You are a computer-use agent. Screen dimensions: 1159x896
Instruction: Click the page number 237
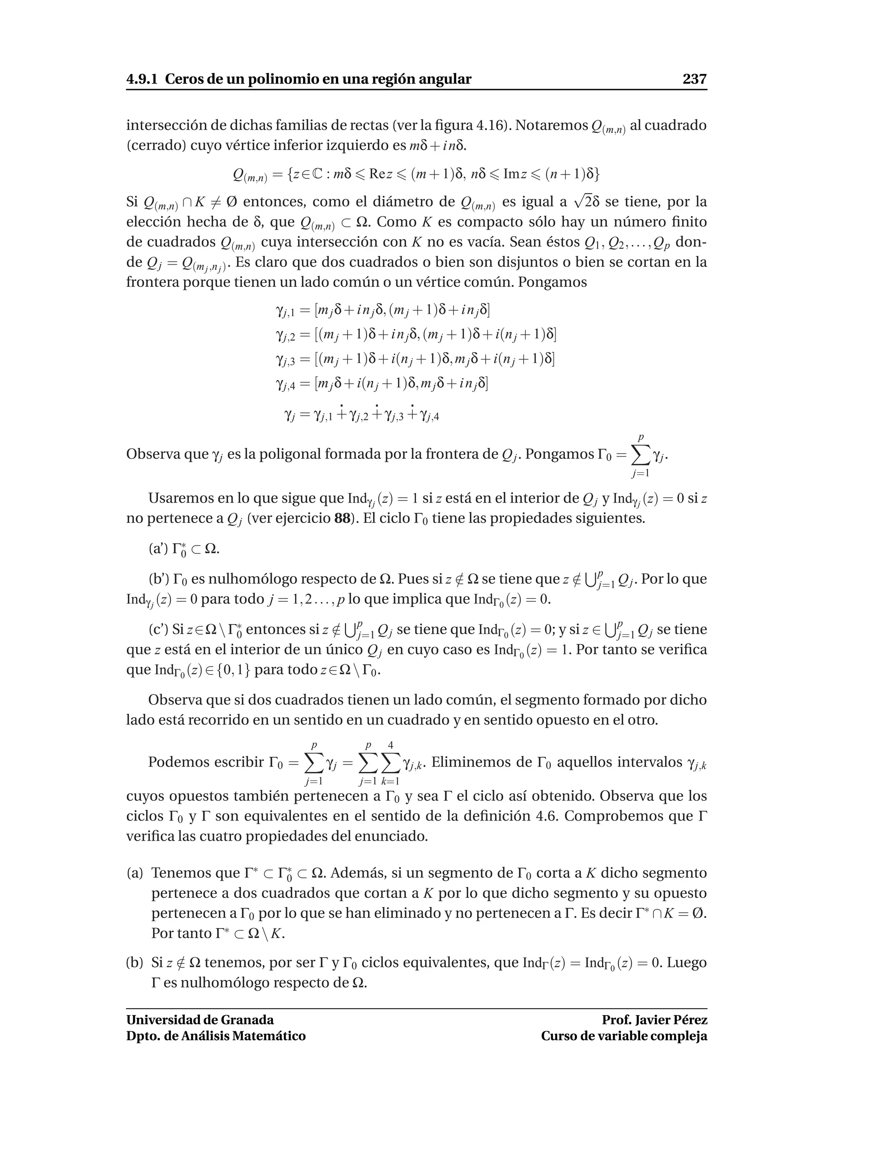tap(694, 80)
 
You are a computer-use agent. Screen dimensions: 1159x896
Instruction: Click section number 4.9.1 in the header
tap(142, 80)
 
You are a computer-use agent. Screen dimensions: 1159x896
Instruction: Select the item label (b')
tap(158, 579)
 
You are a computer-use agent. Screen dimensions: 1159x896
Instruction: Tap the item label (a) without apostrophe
tap(135, 873)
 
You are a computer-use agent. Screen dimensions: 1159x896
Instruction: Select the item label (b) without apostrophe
tap(135, 963)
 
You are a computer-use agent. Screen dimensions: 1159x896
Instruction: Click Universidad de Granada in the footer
tap(199, 1020)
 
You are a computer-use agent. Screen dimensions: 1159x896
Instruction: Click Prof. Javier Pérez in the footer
tap(654, 1020)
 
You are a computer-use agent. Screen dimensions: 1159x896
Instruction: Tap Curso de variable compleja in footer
tap(624, 1036)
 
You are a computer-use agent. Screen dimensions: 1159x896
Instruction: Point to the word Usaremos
tap(178, 498)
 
